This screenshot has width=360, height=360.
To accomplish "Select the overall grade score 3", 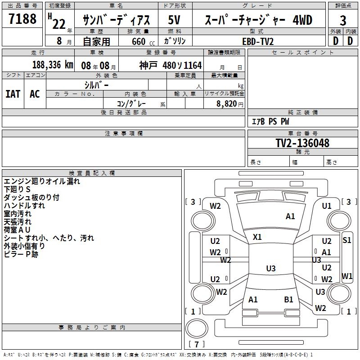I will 343,20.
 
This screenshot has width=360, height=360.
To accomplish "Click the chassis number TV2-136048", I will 302,143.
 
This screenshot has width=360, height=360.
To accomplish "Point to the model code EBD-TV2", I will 258,41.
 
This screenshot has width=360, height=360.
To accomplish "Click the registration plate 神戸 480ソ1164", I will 171,65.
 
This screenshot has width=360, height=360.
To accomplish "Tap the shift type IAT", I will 13,94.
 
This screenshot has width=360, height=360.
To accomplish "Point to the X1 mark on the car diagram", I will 257,237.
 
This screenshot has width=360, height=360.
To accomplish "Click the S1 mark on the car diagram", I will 346,240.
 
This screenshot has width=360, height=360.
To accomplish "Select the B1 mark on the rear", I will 288,299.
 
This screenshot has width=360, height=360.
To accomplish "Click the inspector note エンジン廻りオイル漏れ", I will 42,181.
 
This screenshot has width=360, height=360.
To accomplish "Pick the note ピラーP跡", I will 21,254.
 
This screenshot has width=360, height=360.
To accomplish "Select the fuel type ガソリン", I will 175,41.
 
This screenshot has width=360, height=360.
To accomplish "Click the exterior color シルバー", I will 96,85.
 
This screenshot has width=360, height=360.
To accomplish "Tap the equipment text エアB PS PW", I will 270,121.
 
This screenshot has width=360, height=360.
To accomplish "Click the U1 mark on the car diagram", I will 327,206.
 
